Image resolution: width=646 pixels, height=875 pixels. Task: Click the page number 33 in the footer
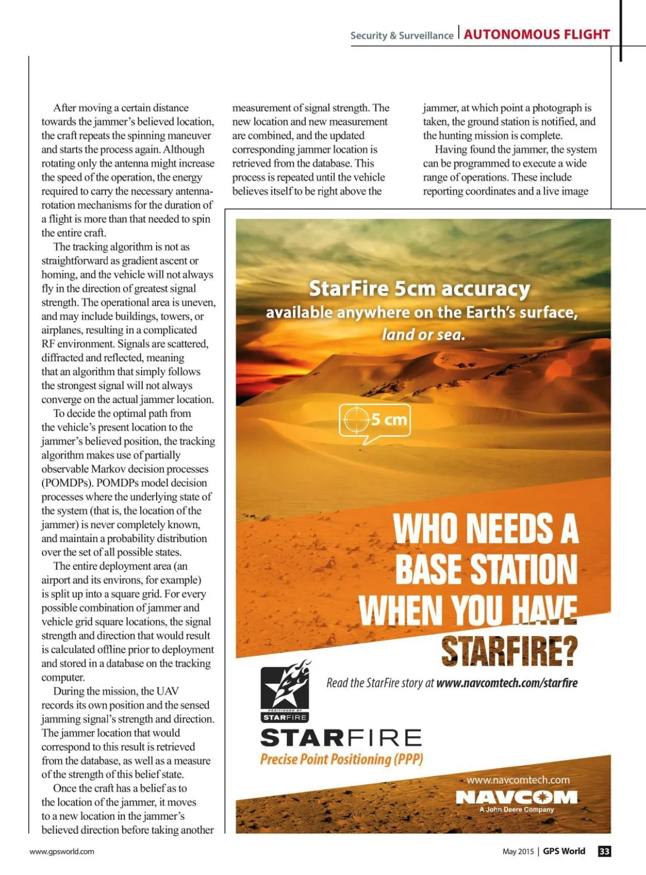tap(605, 851)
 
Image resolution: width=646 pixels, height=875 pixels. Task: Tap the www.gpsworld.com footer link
tap(62, 851)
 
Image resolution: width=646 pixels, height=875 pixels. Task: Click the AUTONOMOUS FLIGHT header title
tap(537, 34)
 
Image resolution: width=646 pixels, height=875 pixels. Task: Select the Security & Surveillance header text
tap(402, 36)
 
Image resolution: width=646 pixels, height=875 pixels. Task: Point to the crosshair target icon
tap(356, 420)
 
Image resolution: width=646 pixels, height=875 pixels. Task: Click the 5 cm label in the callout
tap(389, 419)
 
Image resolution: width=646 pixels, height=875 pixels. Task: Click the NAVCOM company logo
tap(516, 797)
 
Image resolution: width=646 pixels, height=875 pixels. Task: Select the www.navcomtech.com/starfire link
tap(507, 683)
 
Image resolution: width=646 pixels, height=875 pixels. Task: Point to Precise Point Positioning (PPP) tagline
tap(342, 759)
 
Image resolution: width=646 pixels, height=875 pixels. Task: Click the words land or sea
tap(423, 335)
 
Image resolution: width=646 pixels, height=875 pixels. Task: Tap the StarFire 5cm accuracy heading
tap(419, 289)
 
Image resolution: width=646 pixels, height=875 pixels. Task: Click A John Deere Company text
tap(516, 809)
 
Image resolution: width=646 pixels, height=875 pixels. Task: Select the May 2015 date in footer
tap(518, 851)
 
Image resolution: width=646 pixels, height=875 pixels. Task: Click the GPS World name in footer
tap(564, 851)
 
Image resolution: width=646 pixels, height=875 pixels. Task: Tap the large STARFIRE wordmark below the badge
tap(341, 738)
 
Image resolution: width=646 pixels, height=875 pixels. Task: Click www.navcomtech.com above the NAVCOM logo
tap(518, 780)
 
